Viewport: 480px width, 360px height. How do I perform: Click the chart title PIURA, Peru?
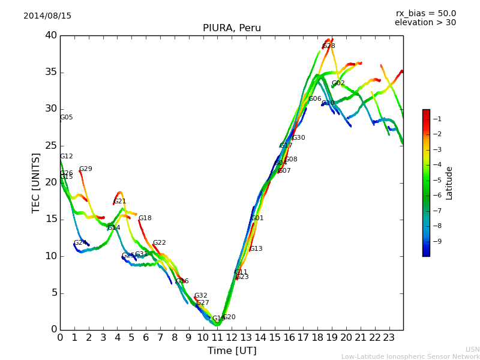pyautogui.click(x=232, y=28)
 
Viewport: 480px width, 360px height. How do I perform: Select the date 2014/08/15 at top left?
pyautogui.click(x=47, y=16)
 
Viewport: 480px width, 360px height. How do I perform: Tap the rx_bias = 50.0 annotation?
pyautogui.click(x=425, y=14)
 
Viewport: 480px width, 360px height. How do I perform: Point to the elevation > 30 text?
pyautogui.click(x=425, y=23)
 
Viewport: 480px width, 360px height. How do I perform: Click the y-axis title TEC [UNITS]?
pyautogui.click(x=36, y=183)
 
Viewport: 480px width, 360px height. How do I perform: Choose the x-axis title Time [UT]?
pyautogui.click(x=232, y=351)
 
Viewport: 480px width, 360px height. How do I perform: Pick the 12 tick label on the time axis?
pyautogui.click(x=232, y=337)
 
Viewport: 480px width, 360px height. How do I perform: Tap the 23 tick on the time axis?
pyautogui.click(x=389, y=337)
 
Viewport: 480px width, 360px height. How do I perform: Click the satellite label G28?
pyautogui.click(x=329, y=46)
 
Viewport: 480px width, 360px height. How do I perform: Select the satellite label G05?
pyautogui.click(x=66, y=118)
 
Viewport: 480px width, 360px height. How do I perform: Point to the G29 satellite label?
pyautogui.click(x=86, y=169)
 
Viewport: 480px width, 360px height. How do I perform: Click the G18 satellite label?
pyautogui.click(x=145, y=218)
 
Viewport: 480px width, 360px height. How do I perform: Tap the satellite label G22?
pyautogui.click(x=159, y=243)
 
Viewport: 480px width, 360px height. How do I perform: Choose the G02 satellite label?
pyautogui.click(x=338, y=83)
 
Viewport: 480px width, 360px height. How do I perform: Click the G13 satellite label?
pyautogui.click(x=256, y=249)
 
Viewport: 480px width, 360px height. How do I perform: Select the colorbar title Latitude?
pyautogui.click(x=449, y=183)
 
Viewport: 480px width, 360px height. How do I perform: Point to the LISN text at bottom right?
pyautogui.click(x=472, y=349)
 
